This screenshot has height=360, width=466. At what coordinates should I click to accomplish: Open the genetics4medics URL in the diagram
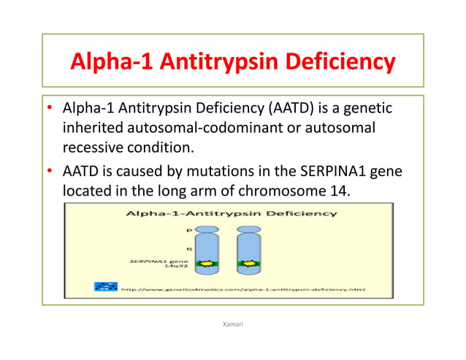tap(241, 289)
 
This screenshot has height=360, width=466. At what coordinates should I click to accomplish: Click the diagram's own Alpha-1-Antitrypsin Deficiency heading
tap(232, 213)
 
